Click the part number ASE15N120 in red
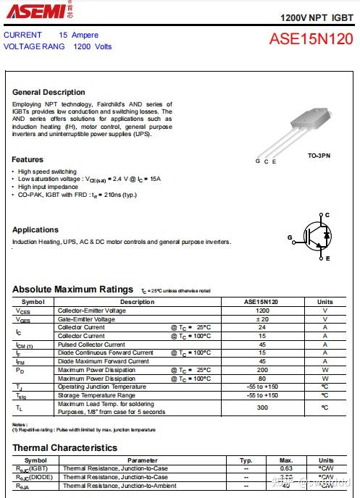tap(311, 39)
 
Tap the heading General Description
tap(49, 92)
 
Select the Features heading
tap(28, 159)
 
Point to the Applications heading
tap(35, 229)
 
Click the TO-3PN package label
tap(319, 156)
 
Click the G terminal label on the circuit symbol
tap(290, 237)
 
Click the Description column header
tap(137, 302)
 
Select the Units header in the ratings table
tap(325, 302)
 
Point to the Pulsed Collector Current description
tap(91, 345)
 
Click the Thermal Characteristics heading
tap(64, 448)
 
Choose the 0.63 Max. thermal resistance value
tap(286, 469)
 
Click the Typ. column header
tap(246, 460)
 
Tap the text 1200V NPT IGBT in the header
tap(317, 16)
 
